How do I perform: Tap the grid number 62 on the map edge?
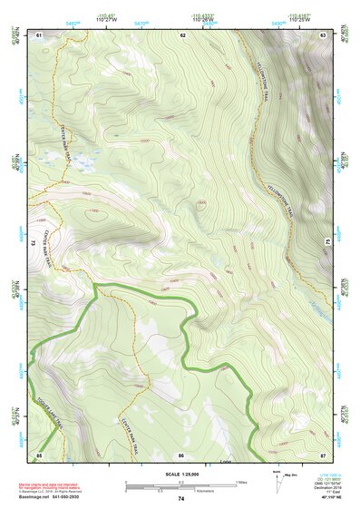coord(182,35)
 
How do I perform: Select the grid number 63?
coord(323,35)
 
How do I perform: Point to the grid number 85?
coord(39,454)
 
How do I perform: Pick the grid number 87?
coord(323,454)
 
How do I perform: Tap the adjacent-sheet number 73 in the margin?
coord(32,243)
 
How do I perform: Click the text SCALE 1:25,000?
coord(181,474)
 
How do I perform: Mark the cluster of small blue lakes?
coord(85,163)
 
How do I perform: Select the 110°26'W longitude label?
coord(206,21)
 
